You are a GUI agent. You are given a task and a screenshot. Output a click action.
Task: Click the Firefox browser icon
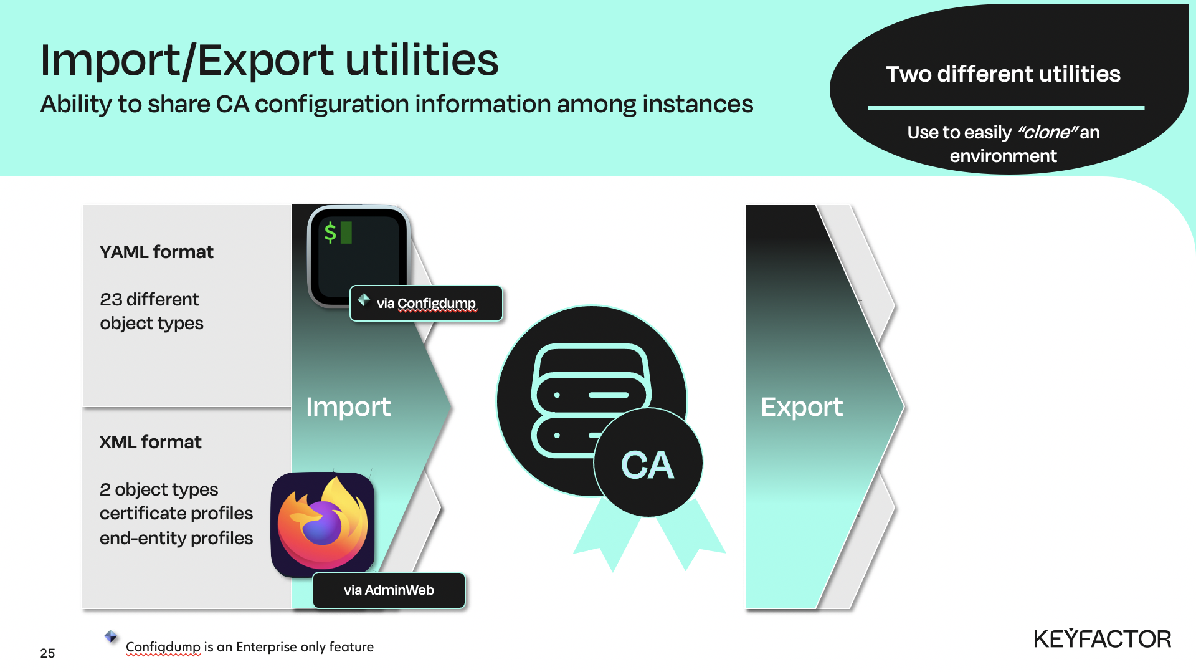click(x=323, y=524)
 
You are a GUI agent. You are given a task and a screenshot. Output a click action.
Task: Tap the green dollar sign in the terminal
click(x=330, y=233)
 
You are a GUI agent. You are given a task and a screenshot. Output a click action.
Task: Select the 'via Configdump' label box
click(x=426, y=304)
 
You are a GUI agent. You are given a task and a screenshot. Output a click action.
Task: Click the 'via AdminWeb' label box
click(x=389, y=590)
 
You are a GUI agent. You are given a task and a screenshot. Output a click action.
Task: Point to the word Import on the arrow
click(x=348, y=407)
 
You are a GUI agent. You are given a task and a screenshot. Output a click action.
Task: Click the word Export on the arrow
click(x=802, y=407)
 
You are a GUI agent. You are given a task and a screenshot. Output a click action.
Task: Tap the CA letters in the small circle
click(x=648, y=465)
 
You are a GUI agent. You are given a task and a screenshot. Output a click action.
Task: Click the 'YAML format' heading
click(x=156, y=252)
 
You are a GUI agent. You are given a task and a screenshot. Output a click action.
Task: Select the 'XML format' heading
click(x=150, y=442)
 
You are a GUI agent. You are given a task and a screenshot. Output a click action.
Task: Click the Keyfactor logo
click(x=1103, y=639)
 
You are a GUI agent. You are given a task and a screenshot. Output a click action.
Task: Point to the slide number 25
click(x=47, y=653)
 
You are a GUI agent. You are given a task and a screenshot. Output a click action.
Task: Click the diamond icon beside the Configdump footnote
click(x=111, y=636)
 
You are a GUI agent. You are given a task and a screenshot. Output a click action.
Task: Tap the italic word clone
click(x=1047, y=132)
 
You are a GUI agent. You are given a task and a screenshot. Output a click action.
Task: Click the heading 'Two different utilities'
click(x=1003, y=74)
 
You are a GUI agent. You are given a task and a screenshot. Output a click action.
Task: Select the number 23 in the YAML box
click(x=111, y=299)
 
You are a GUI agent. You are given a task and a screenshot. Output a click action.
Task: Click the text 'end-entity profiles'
click(x=176, y=538)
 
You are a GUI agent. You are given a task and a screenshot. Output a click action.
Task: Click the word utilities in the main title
click(x=422, y=60)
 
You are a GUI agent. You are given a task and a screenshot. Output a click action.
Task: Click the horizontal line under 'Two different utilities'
click(x=1006, y=108)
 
